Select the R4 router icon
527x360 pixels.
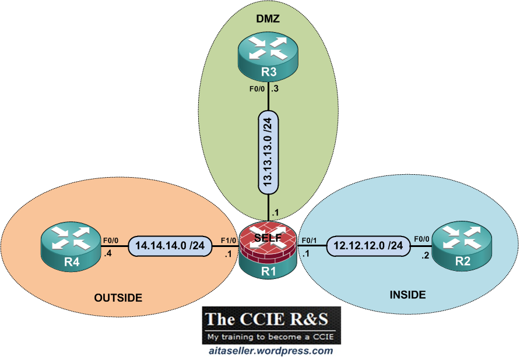71,246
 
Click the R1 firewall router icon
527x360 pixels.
268,249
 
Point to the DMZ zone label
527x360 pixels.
268,19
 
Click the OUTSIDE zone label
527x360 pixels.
118,298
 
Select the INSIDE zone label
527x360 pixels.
407,295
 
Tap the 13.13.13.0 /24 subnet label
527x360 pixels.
268,152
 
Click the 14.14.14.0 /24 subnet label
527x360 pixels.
170,246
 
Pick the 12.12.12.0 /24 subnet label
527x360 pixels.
368,245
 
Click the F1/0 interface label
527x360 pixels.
228,241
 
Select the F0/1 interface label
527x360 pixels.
309,241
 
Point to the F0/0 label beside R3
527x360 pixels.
257,89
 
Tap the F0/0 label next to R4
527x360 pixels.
111,241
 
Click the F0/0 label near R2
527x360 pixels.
421,239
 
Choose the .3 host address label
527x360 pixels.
275,89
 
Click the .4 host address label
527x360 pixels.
107,253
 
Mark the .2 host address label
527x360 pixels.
425,256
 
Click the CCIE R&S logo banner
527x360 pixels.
271,325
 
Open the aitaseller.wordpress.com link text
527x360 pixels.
271,351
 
